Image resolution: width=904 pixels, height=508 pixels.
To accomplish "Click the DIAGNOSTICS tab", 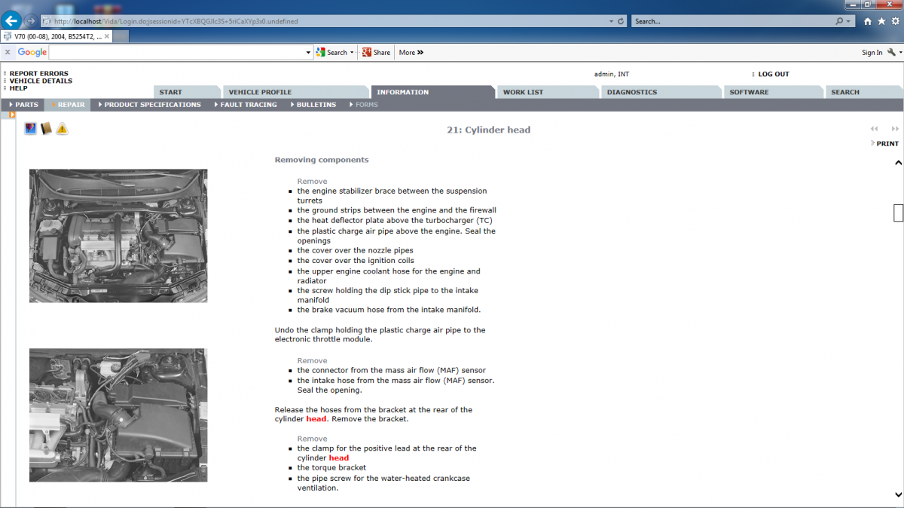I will tap(631, 92).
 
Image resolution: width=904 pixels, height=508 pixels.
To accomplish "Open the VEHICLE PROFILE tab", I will tap(260, 92).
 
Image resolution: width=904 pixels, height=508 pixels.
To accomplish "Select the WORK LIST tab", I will tap(523, 92).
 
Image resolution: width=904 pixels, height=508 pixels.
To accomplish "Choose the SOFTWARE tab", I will tap(749, 92).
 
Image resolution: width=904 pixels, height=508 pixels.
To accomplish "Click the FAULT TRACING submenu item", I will tap(248, 105).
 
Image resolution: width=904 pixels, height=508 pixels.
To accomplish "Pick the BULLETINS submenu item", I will tap(316, 105).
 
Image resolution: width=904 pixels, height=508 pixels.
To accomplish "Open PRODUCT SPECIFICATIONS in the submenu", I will tap(152, 105).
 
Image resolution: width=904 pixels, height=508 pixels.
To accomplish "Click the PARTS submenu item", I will tap(26, 105).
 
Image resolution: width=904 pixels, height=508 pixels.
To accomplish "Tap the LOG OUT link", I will tap(773, 74).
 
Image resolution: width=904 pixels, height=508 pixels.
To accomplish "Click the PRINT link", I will tap(887, 143).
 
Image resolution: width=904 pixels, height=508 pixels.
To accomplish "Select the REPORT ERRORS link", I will tap(38, 74).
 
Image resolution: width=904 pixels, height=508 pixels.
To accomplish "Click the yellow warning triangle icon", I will tap(62, 129).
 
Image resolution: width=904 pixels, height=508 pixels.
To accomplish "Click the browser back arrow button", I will tap(11, 20).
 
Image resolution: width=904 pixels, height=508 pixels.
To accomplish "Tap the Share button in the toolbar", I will tap(377, 53).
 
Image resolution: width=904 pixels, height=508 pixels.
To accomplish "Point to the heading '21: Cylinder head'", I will tap(488, 130).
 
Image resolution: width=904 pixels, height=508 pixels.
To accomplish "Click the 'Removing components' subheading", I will tap(322, 160).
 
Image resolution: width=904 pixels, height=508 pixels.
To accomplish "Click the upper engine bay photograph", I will tap(118, 236).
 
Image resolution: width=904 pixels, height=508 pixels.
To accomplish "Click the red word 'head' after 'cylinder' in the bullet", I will tap(339, 458).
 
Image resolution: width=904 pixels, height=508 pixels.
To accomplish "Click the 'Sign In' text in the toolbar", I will tap(872, 53).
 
